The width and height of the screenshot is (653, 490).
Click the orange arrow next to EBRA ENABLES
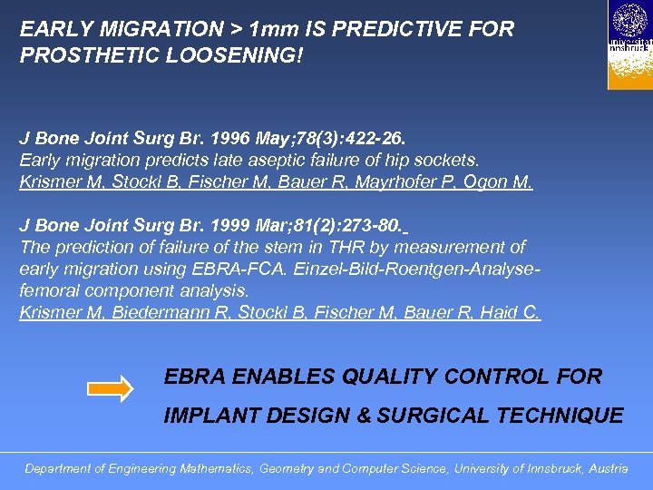pyautogui.click(x=110, y=388)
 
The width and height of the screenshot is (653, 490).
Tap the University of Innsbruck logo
pyautogui.click(x=629, y=44)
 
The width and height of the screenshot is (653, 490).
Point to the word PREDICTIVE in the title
pyautogui.click(x=388, y=29)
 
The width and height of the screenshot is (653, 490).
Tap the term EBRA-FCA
pyautogui.click(x=266, y=269)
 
